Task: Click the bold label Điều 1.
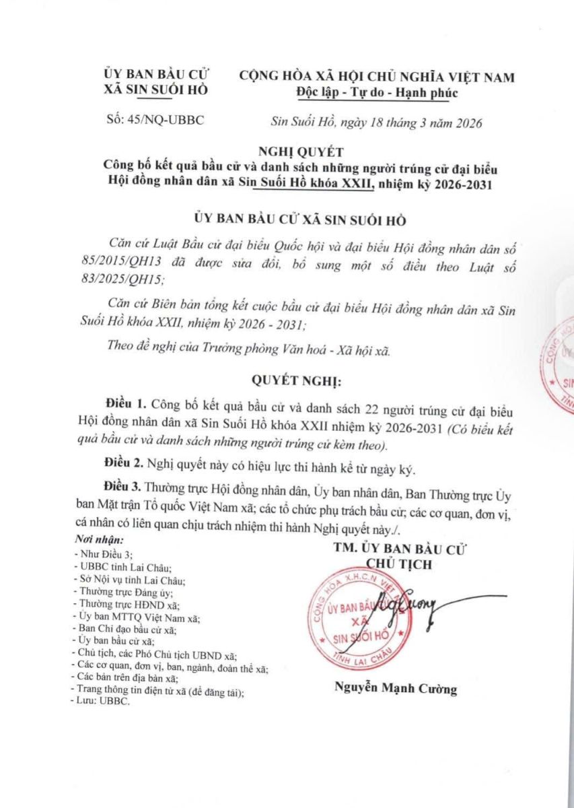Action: coord(127,405)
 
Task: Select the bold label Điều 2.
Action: coord(124,465)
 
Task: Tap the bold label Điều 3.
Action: coord(124,486)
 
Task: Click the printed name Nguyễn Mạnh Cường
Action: coord(394,688)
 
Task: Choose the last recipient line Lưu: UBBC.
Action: coord(102,701)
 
